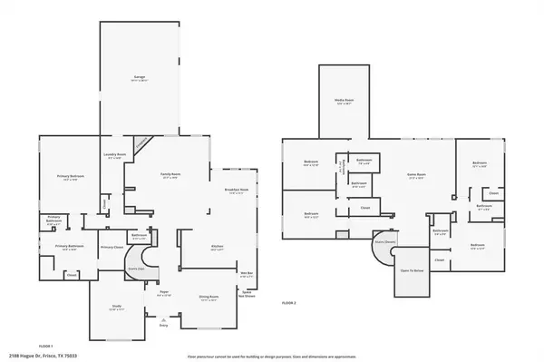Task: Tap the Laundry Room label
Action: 114,155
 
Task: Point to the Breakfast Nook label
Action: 237,191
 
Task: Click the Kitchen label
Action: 218,247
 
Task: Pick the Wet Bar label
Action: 246,273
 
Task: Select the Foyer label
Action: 164,292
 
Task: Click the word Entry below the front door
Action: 163,322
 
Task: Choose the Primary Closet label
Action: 112,248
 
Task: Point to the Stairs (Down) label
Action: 384,242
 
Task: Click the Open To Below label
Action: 413,269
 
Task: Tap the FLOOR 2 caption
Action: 289,302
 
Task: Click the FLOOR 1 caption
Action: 45,345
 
